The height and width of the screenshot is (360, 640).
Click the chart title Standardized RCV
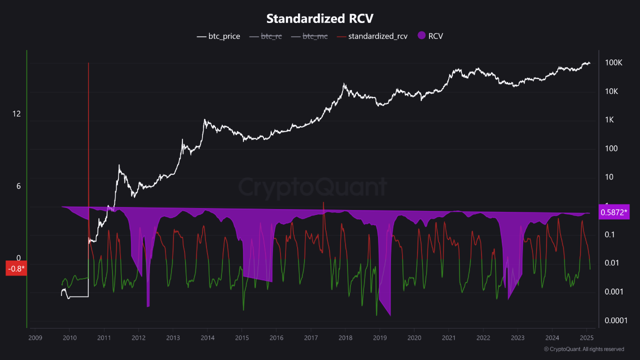click(x=320, y=18)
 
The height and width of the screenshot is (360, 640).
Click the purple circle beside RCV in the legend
click(x=421, y=36)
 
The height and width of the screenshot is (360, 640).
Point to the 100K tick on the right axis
click(x=613, y=63)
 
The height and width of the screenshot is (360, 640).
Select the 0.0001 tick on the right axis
click(x=615, y=320)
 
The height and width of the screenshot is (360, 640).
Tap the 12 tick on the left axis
click(x=16, y=114)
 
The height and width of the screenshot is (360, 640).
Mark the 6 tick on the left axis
click(x=18, y=186)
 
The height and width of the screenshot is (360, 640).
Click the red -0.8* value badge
click(x=16, y=268)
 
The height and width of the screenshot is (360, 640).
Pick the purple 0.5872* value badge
click(x=614, y=212)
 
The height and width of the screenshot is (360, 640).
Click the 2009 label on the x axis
click(x=35, y=338)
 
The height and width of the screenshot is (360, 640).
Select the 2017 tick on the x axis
click(x=310, y=338)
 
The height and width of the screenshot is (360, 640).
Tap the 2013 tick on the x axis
click(x=172, y=338)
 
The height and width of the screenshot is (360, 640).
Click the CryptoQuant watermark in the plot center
click(x=312, y=187)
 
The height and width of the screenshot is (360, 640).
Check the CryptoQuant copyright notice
click(x=584, y=349)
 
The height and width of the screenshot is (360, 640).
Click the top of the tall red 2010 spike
click(x=88, y=63)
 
